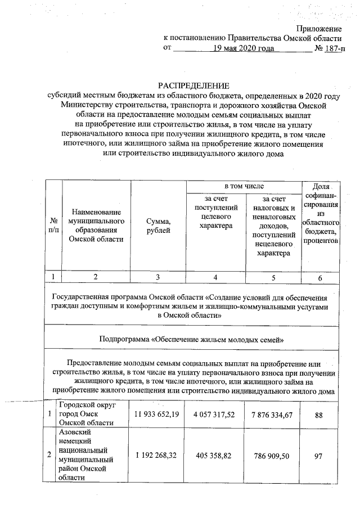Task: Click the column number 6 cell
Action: click(319, 277)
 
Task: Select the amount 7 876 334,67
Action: click(273, 415)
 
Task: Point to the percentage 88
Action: click(318, 415)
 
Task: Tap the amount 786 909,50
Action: click(273, 456)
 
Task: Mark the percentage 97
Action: click(318, 456)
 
